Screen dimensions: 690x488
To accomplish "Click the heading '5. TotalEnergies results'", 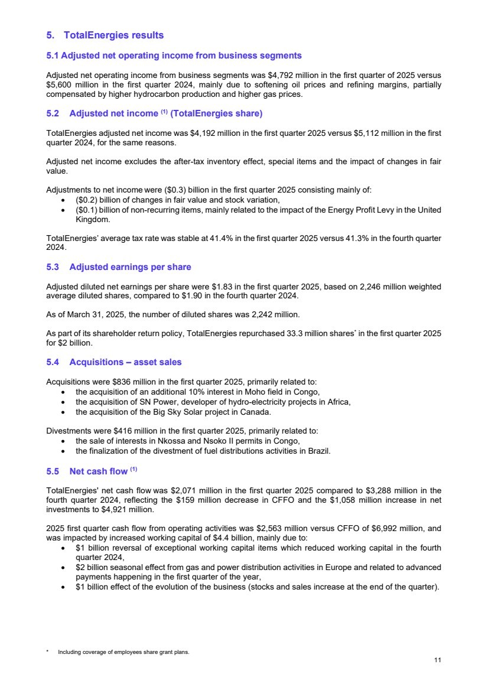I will coord(105,35).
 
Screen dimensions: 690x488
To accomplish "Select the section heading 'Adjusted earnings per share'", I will coord(130,267).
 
